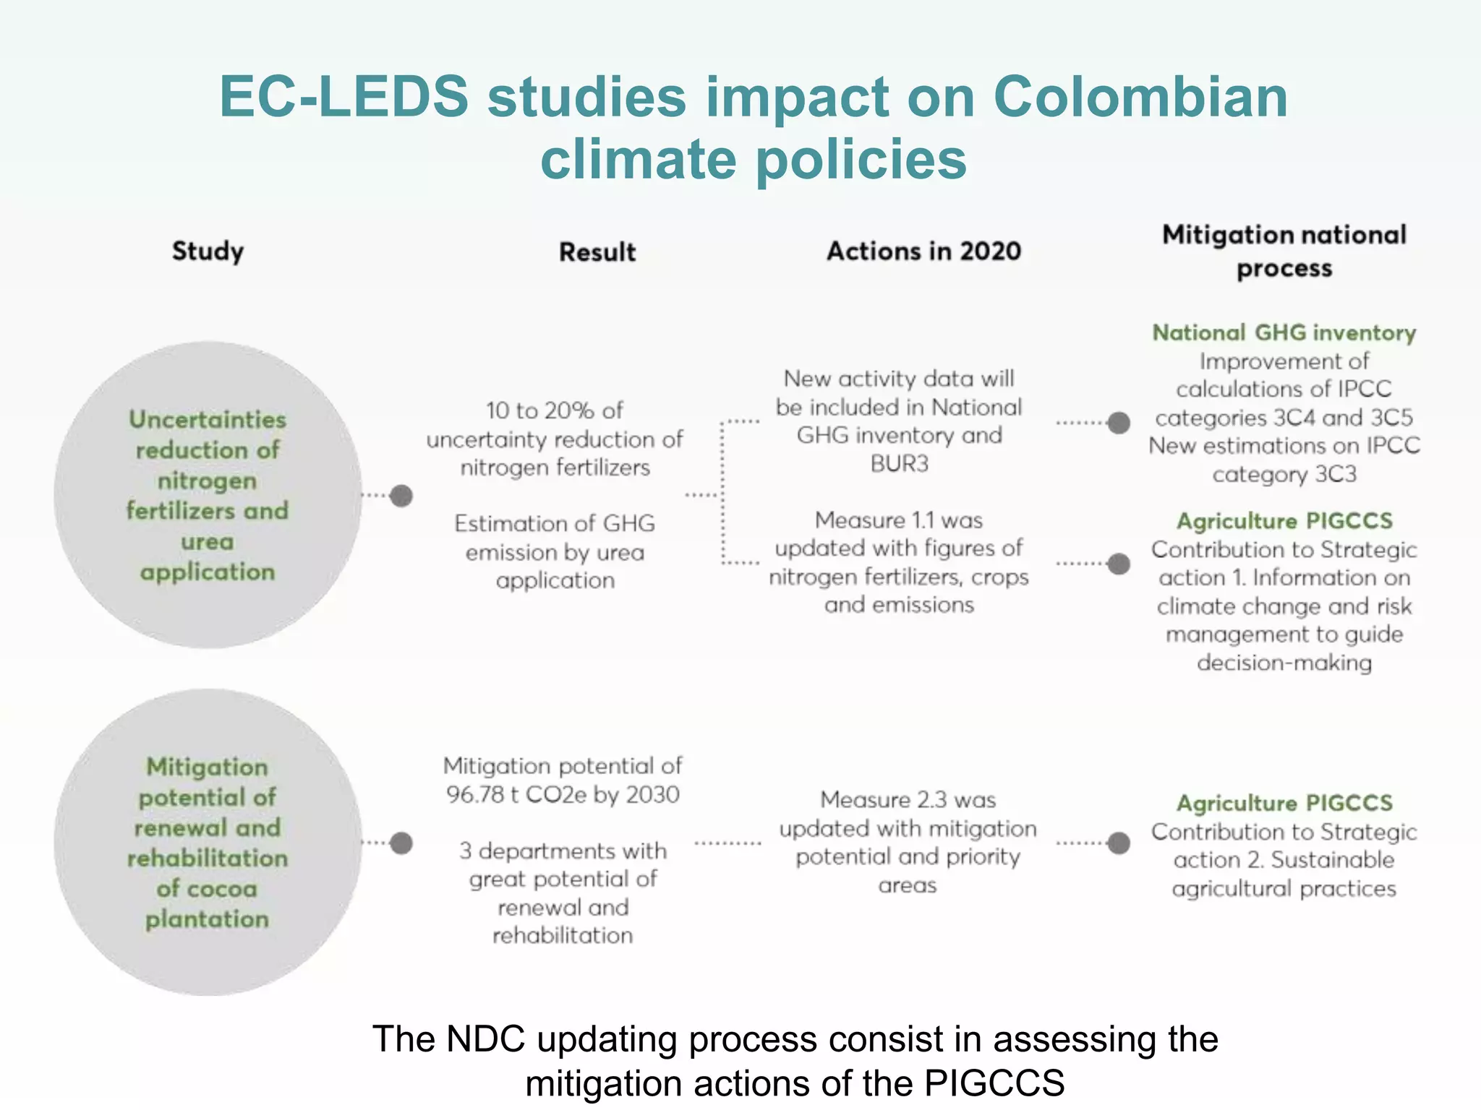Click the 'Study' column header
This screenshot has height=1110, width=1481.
(x=208, y=251)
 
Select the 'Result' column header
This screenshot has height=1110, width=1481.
(x=597, y=252)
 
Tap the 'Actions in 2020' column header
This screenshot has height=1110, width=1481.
(x=923, y=251)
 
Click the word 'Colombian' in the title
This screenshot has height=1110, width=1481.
(x=1140, y=97)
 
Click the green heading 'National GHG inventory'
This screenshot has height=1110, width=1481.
(x=1284, y=332)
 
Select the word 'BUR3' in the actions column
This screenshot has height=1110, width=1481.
(x=899, y=463)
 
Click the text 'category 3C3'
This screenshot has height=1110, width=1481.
(x=1284, y=475)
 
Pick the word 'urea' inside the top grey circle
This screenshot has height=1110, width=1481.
(x=208, y=541)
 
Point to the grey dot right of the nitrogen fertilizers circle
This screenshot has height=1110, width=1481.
(x=401, y=496)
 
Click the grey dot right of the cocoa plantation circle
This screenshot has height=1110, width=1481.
(x=401, y=843)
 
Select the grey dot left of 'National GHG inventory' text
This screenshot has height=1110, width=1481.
(x=1119, y=423)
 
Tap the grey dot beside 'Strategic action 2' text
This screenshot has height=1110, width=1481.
(x=1119, y=843)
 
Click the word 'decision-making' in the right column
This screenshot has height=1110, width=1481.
(x=1284, y=663)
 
